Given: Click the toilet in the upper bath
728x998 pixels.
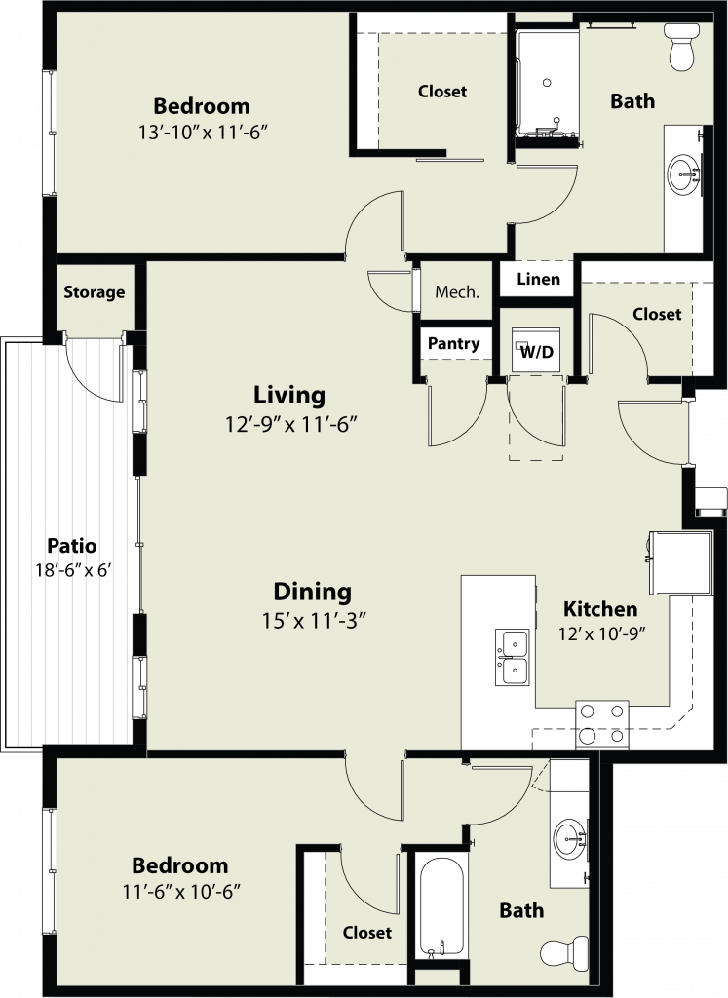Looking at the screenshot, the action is [x=681, y=46].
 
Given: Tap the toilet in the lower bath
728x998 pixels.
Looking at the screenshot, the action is [x=565, y=952].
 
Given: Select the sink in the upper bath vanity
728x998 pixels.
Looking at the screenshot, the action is [x=684, y=173].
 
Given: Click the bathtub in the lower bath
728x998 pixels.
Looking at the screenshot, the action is [x=441, y=907].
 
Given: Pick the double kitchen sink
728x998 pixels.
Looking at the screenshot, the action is [x=513, y=657].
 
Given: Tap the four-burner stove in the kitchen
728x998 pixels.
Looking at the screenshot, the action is [x=602, y=724].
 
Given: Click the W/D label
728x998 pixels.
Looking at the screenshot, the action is [x=537, y=351].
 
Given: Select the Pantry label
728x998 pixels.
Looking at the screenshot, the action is [x=454, y=344].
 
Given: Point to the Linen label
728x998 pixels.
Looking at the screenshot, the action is [x=538, y=279].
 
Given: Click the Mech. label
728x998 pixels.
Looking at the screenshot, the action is [x=457, y=292].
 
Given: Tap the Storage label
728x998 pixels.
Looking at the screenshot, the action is [x=95, y=292].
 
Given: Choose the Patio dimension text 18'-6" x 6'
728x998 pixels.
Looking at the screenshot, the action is [x=73, y=569].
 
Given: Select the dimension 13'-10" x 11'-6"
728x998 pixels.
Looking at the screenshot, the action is [x=201, y=133].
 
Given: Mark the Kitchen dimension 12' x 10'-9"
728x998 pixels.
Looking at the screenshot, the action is [x=602, y=633].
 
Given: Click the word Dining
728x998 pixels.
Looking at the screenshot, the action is [x=313, y=593].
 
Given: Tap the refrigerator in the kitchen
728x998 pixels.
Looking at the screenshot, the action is [x=679, y=562].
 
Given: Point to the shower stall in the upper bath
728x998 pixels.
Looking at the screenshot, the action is [x=547, y=83].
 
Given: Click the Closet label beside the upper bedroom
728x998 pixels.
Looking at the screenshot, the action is [x=442, y=92].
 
